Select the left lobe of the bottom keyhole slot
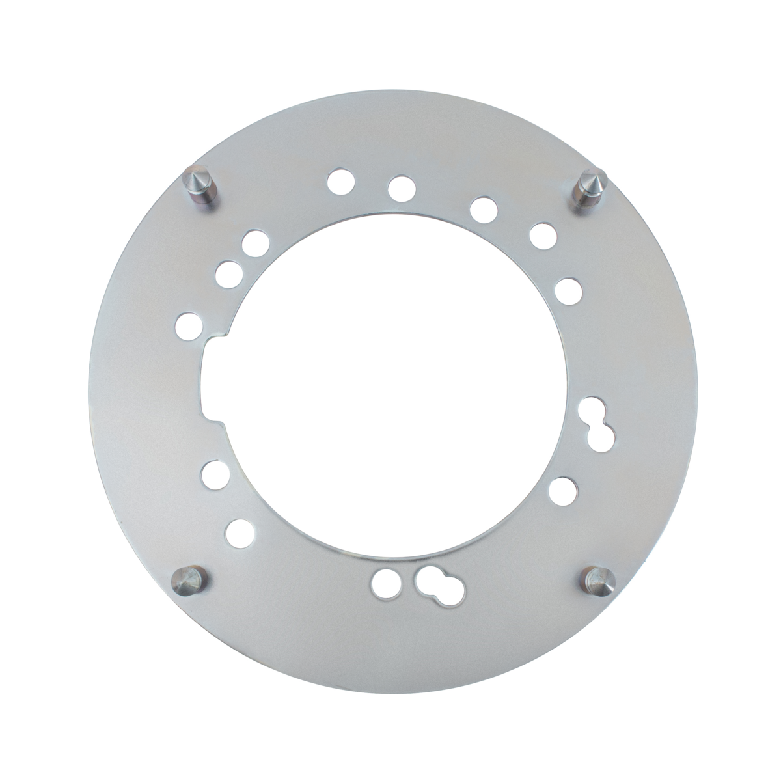pos(428,577)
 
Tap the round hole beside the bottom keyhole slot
pos(387,580)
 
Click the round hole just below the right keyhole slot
pos(563,489)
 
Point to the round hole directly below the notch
pos(214,474)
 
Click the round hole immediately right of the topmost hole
pos(401,187)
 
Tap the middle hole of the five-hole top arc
pos(482,209)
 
